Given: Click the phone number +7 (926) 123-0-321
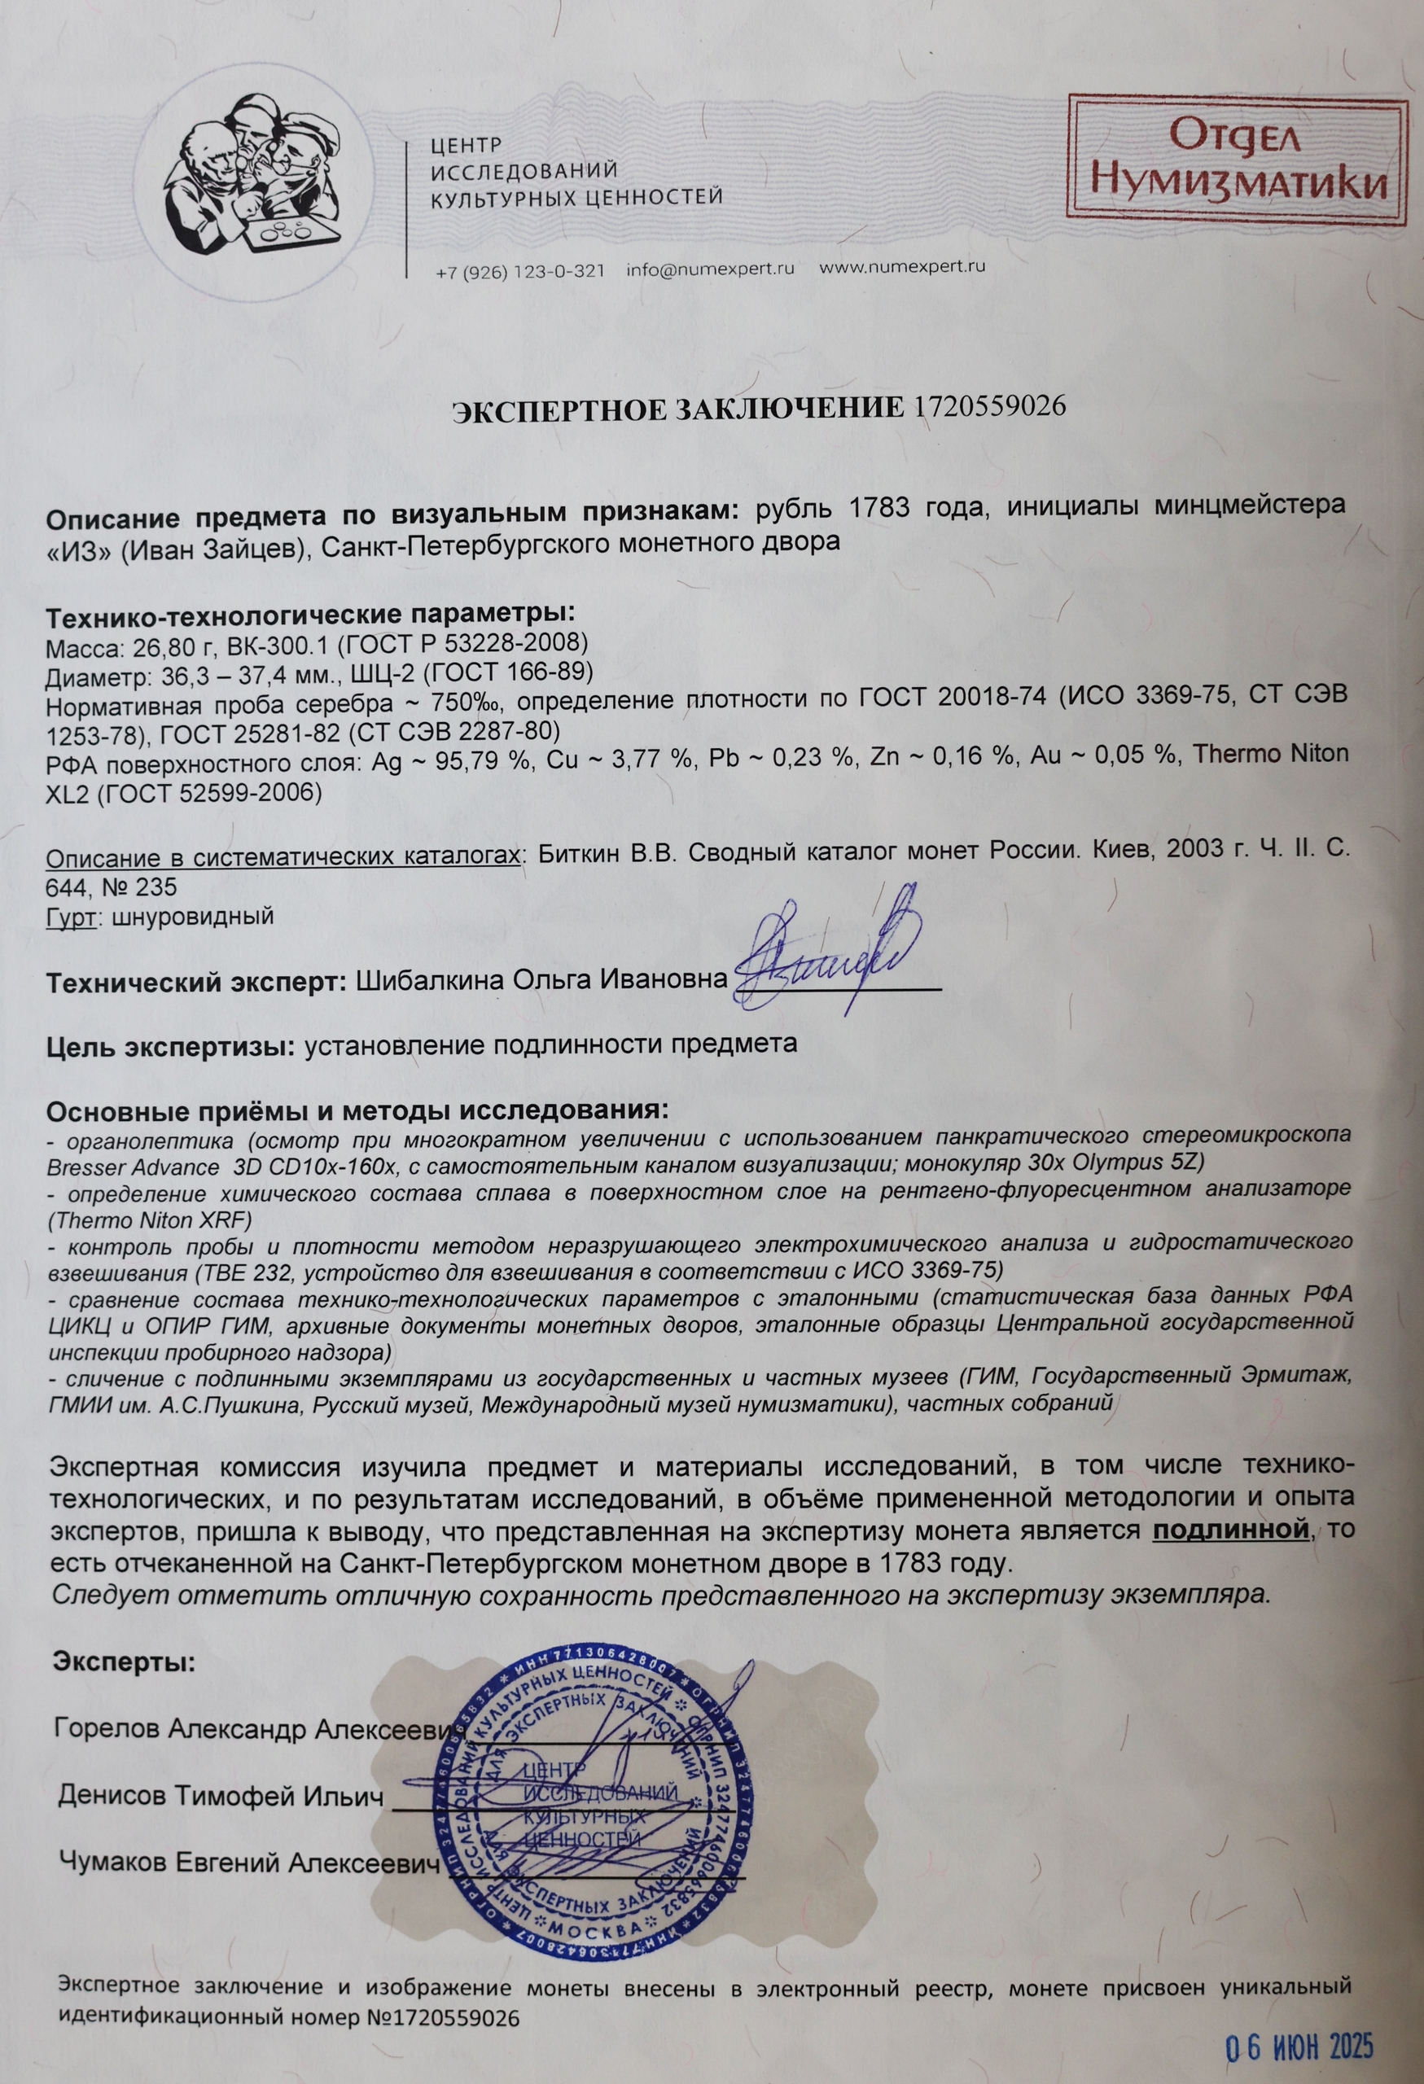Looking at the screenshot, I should (519, 271).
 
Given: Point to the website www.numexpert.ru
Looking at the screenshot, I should (902, 267).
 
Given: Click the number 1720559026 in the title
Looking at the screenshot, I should (989, 407).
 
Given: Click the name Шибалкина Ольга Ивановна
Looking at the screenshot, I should (540, 980).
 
